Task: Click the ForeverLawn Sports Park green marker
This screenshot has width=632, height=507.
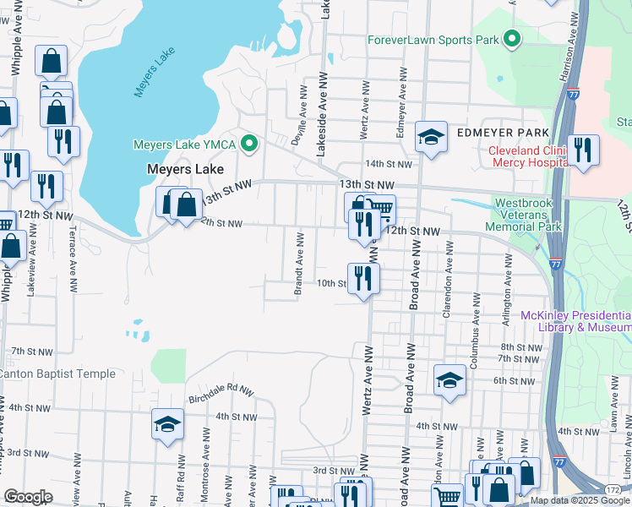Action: click(511, 39)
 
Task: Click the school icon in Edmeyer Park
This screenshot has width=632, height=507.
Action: click(431, 137)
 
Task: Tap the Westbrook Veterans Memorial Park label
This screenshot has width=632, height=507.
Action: click(528, 215)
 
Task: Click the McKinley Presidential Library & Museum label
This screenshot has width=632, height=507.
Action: click(576, 321)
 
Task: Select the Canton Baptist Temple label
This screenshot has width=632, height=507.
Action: click(57, 373)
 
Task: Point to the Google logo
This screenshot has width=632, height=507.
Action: click(28, 497)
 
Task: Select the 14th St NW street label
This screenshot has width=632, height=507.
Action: click(388, 164)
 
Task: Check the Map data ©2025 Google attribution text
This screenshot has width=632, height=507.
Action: click(580, 500)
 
